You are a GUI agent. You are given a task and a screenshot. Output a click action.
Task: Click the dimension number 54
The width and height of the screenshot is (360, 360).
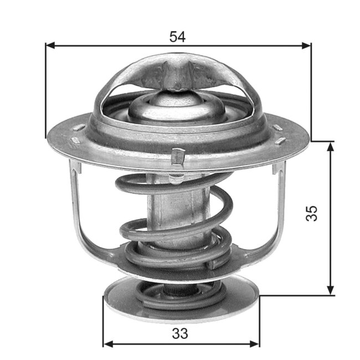coord(177,37)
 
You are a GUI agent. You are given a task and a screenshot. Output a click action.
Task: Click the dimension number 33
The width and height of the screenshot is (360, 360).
coord(180,334)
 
